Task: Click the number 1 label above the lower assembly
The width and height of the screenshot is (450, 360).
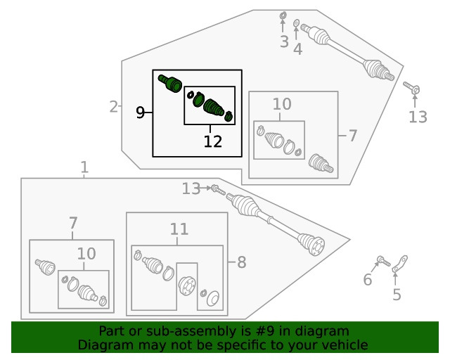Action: pos(84,167)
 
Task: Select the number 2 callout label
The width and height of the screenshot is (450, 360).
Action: pos(114,107)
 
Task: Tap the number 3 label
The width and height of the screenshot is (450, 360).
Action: pos(284,42)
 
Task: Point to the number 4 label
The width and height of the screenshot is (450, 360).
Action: pos(298,49)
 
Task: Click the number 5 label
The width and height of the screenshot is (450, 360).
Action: pos(397,295)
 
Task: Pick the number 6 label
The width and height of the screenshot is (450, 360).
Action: pos(367,281)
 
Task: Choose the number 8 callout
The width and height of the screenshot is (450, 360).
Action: pos(241,262)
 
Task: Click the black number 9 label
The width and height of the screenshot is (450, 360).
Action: pos(141,112)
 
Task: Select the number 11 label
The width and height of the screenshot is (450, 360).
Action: pos(179,229)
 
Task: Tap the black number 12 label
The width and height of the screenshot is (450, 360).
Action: pos(213,142)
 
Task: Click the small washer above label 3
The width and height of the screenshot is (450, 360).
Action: pos(283,15)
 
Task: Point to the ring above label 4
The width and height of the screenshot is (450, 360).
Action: pos(297,23)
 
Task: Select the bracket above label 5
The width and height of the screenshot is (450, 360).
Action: pos(399,266)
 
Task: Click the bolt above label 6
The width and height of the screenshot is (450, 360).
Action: pos(382,262)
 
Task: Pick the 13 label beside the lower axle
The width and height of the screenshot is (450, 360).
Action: pos(191,188)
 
